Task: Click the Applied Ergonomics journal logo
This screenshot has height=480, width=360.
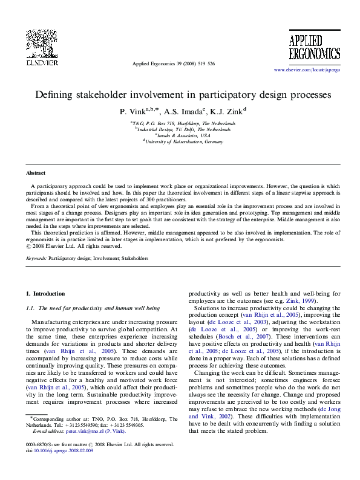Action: (306, 47)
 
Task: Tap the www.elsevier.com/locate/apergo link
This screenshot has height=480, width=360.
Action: (307, 70)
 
